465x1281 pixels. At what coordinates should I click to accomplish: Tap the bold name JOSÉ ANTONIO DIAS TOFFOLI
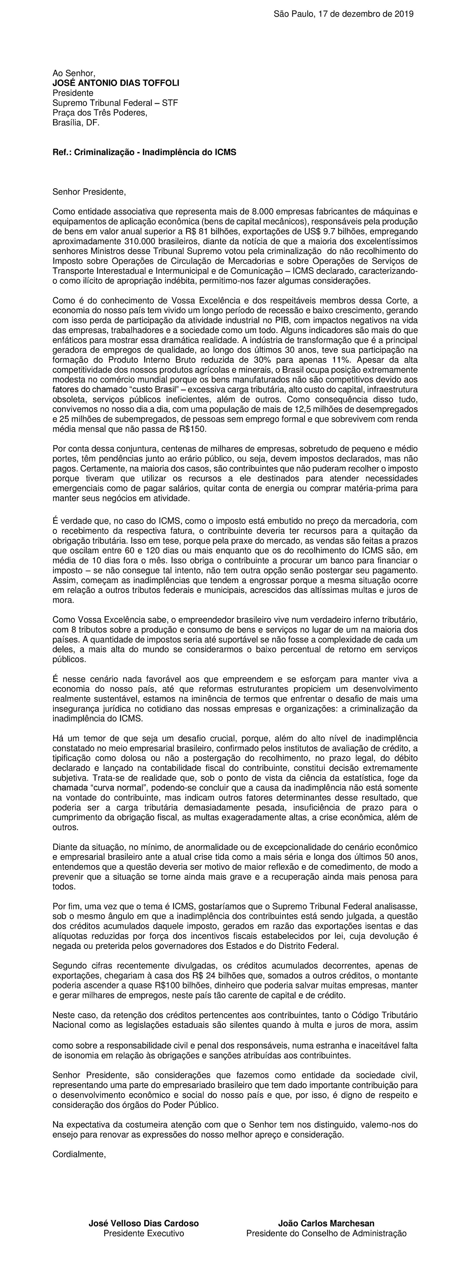[x=116, y=83]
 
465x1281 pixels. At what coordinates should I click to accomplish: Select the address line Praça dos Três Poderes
[x=100, y=113]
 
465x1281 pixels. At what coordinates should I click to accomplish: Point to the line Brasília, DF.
[x=76, y=123]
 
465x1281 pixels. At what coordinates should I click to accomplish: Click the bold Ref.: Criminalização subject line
[x=144, y=152]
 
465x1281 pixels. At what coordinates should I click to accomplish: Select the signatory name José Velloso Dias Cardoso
[x=144, y=1223]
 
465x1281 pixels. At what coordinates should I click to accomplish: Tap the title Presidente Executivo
[x=144, y=1233]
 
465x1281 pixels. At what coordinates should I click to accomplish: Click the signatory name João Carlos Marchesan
[x=326, y=1223]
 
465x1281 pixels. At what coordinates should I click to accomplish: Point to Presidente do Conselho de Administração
[x=326, y=1233]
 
